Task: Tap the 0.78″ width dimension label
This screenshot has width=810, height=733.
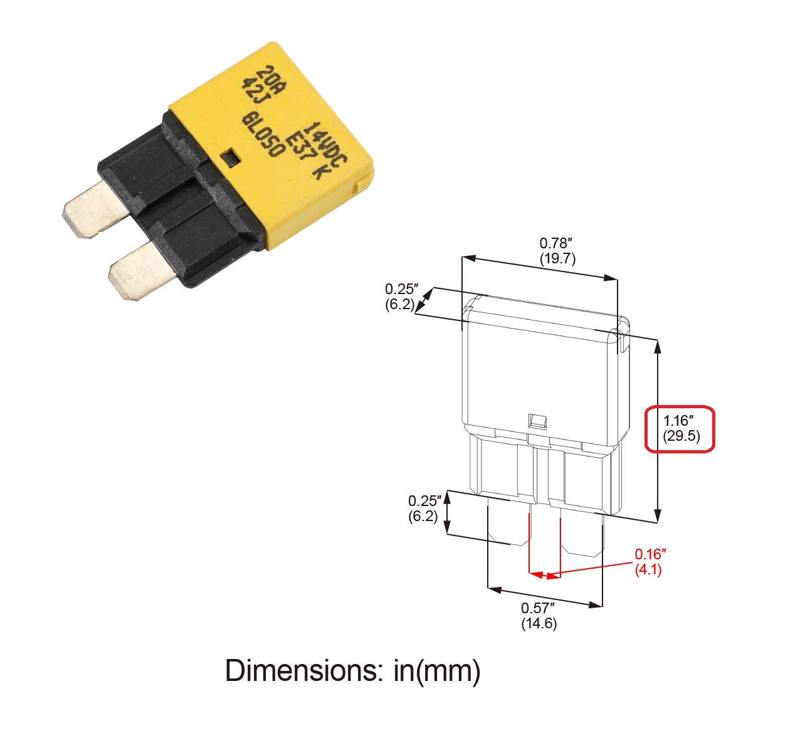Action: [557, 243]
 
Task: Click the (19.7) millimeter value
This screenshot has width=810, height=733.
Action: [557, 258]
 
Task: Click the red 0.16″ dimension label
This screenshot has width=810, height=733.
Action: [650, 555]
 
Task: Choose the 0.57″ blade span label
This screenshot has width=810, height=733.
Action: [539, 608]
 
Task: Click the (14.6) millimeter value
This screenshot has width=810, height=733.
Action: [539, 624]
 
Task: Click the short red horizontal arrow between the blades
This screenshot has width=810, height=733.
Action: [544, 574]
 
